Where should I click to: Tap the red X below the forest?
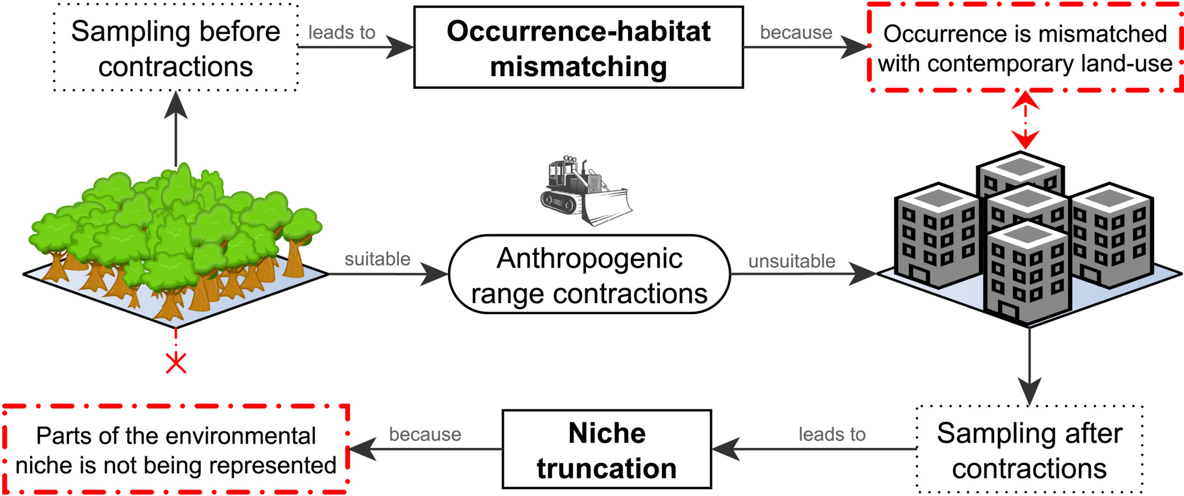tap(176, 364)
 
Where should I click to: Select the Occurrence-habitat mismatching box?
tap(578, 47)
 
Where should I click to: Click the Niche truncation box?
tap(606, 449)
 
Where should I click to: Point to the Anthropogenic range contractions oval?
tap(589, 275)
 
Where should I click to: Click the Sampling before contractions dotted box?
tap(176, 48)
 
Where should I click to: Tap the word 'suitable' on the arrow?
tap(377, 259)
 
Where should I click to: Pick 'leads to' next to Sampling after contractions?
tap(832, 434)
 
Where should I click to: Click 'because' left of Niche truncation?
tap(425, 434)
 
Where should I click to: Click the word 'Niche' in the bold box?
tap(607, 433)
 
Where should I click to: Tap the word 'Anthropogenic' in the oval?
tap(589, 258)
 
